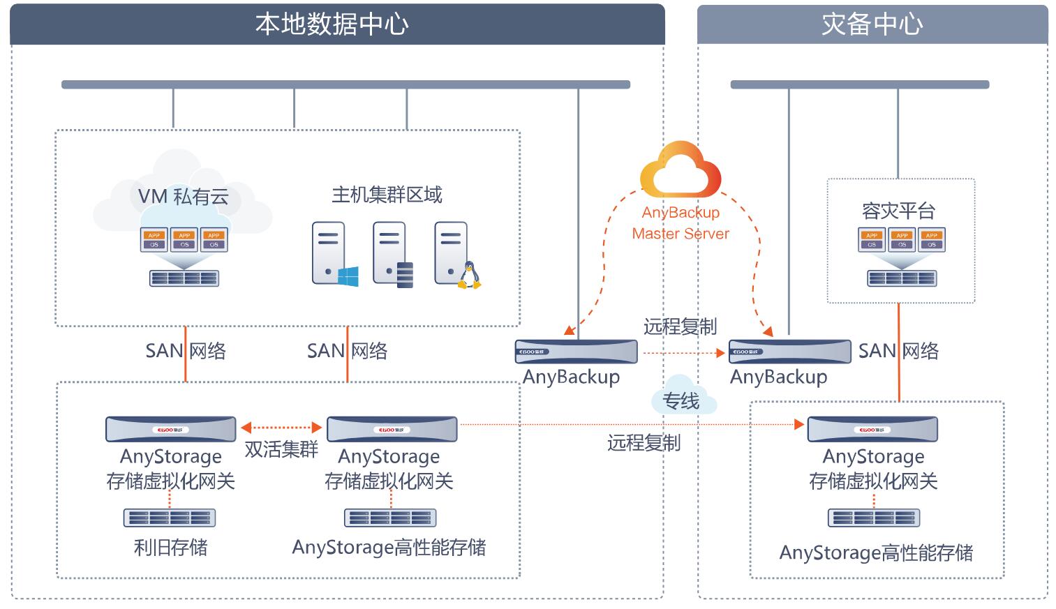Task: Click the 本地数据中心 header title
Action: click(x=332, y=24)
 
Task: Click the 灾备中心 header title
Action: click(x=872, y=24)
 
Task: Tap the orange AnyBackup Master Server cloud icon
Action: click(x=681, y=171)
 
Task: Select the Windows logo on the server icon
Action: click(x=348, y=276)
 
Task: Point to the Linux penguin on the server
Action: click(x=469, y=276)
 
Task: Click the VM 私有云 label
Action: click(x=183, y=197)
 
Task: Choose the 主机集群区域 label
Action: click(x=387, y=195)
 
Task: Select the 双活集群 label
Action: click(x=281, y=449)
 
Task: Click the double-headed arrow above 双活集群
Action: click(x=281, y=427)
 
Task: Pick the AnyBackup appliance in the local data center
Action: click(x=576, y=352)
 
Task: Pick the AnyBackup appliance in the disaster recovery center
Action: click(x=789, y=352)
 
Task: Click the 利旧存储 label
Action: click(x=170, y=548)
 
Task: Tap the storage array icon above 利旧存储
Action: click(x=170, y=518)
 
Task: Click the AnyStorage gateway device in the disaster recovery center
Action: click(x=872, y=430)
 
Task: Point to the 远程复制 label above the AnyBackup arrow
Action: click(x=680, y=326)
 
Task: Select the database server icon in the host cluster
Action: click(x=392, y=254)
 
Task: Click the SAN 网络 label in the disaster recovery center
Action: click(x=898, y=351)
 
